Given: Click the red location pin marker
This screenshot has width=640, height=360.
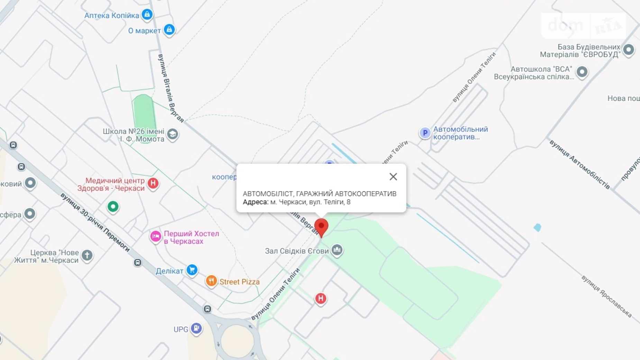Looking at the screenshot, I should tap(321, 227).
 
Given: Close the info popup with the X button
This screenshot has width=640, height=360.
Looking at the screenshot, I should tap(393, 177).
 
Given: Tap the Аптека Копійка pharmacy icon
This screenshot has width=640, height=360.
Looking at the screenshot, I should tap(147, 15).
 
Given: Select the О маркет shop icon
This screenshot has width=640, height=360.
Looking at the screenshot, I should tap(169, 30).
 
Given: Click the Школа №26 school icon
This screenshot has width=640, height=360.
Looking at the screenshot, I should tap(172, 134).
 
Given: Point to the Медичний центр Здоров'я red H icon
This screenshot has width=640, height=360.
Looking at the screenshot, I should tap(153, 183).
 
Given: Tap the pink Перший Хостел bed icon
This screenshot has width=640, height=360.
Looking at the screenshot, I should tap(155, 236).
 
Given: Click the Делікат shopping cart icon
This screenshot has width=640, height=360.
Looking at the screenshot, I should tap(192, 270).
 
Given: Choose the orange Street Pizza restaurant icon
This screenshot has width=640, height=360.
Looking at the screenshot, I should tap(211, 281).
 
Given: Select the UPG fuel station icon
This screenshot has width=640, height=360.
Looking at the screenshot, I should tap(196, 328).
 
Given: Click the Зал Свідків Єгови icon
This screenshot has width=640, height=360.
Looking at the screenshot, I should tap(337, 250).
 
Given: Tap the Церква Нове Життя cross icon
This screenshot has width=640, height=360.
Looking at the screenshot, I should tap(87, 256).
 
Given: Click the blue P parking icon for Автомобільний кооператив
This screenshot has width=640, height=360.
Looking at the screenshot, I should tap(425, 133).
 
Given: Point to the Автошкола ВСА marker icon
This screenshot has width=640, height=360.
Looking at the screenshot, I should tap(582, 72).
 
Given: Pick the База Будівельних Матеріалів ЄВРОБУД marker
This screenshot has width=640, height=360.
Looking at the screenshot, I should tap(628, 50).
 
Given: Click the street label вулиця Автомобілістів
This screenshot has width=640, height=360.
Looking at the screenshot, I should tap(579, 164).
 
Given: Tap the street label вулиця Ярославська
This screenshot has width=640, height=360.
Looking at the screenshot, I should tap(606, 296).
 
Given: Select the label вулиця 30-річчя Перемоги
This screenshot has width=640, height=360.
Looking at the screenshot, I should tap(95, 222).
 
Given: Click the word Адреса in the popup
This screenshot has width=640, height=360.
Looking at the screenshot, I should tap(255, 202).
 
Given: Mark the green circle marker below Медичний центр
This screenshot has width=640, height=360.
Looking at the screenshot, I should tap(113, 207).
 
